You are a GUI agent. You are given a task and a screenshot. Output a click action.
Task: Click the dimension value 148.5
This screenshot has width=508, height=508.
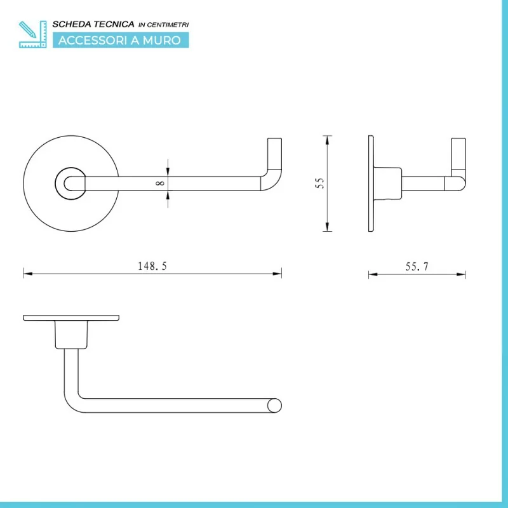coord(152,266)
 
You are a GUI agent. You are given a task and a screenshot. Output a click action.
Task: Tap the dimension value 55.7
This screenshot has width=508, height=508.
coord(417,267)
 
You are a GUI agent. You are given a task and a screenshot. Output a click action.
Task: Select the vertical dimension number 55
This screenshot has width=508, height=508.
coord(319,184)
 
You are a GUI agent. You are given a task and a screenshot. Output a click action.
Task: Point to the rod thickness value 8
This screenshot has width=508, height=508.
coord(160,184)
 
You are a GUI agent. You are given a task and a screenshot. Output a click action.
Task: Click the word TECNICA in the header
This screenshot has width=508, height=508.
coord(117,24)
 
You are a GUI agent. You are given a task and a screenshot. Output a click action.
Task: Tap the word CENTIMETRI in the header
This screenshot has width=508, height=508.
coord(168,25)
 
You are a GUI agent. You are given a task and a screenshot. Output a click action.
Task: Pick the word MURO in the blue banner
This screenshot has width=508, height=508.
coord(162,41)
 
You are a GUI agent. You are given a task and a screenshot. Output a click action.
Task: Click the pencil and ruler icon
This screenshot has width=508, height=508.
coord(33,34)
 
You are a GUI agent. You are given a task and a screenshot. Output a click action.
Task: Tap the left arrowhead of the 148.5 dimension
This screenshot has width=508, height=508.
coord(28,274)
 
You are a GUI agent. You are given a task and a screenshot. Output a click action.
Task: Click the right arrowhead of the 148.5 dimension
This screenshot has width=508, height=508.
coord(277,274)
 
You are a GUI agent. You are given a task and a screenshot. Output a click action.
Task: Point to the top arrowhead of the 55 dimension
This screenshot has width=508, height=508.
coord(327,140)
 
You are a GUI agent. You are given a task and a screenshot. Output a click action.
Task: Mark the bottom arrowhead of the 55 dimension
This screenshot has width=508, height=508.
coord(327,227)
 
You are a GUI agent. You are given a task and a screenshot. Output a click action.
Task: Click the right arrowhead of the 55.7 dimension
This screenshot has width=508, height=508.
coord(461,274)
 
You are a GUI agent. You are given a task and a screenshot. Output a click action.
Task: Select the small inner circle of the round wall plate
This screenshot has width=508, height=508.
coord(56,184)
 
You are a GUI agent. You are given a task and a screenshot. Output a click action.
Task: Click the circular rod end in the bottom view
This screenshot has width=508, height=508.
coord(274,406)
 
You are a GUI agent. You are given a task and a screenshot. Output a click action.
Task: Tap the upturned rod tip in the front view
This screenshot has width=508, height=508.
coord(274,154)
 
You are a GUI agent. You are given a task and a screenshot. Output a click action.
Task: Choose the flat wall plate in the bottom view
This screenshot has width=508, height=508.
coord(71,318)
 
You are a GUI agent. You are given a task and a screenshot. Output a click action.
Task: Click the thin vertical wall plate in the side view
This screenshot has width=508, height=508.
coord(371,184)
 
